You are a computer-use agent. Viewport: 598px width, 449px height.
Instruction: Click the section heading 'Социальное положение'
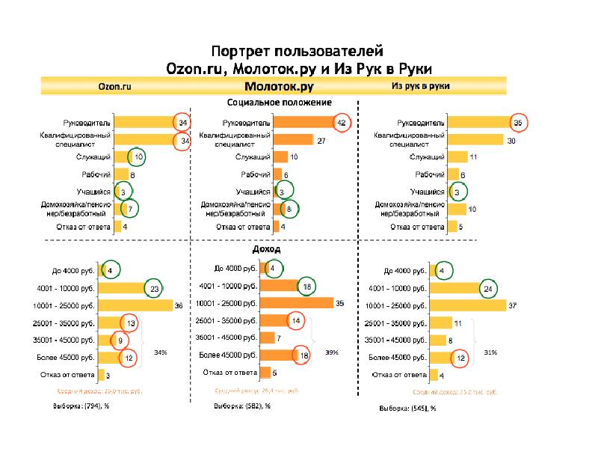click(280, 103)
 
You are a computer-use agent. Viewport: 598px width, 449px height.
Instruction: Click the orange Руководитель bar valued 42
click(303, 122)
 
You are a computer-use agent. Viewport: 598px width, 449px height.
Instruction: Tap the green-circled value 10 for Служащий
click(137, 156)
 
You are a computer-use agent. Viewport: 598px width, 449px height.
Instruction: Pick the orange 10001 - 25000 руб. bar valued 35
click(303, 303)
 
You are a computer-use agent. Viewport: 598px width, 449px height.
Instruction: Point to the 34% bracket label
click(160, 352)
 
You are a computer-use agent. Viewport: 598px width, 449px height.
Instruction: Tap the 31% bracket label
click(490, 352)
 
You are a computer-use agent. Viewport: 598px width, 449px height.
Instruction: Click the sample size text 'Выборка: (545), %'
click(407, 409)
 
